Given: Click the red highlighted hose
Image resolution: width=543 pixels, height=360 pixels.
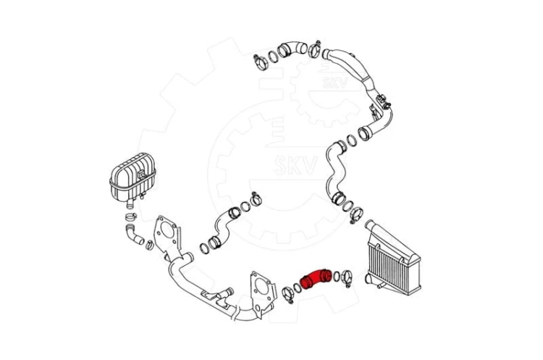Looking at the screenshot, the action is (316, 278).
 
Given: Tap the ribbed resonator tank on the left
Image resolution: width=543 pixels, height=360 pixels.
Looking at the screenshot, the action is (132, 177).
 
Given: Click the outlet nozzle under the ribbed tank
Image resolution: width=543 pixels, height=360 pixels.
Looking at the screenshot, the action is (130, 204).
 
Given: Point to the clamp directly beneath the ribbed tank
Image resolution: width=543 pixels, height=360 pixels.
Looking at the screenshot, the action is (130, 217).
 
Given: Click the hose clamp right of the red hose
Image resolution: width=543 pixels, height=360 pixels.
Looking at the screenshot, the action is (347, 277).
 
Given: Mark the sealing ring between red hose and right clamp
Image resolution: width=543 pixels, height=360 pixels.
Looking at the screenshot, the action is (337, 276).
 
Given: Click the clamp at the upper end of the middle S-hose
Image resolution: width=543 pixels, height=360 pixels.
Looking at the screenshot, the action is (256, 198).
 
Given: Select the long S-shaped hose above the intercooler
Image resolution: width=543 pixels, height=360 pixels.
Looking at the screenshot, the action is (335, 172).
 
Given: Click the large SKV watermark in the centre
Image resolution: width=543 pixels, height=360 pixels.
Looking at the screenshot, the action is (295, 165).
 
